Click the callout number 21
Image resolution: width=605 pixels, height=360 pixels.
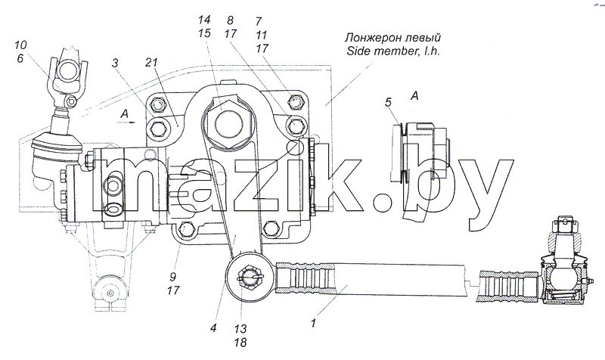(x=152, y=62)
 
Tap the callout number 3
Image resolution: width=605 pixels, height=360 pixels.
(x=115, y=63)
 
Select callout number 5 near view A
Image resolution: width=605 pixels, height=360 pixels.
(x=388, y=102)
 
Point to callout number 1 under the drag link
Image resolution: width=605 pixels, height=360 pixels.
(x=313, y=323)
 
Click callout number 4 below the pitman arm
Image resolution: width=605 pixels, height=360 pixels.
(x=213, y=328)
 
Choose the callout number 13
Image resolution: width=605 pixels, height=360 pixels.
(x=240, y=329)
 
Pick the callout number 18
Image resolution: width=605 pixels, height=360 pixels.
(x=240, y=343)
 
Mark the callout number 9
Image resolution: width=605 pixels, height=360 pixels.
(x=173, y=277)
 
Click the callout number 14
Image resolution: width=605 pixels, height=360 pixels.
(x=204, y=20)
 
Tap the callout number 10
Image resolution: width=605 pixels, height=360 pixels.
(x=20, y=45)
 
